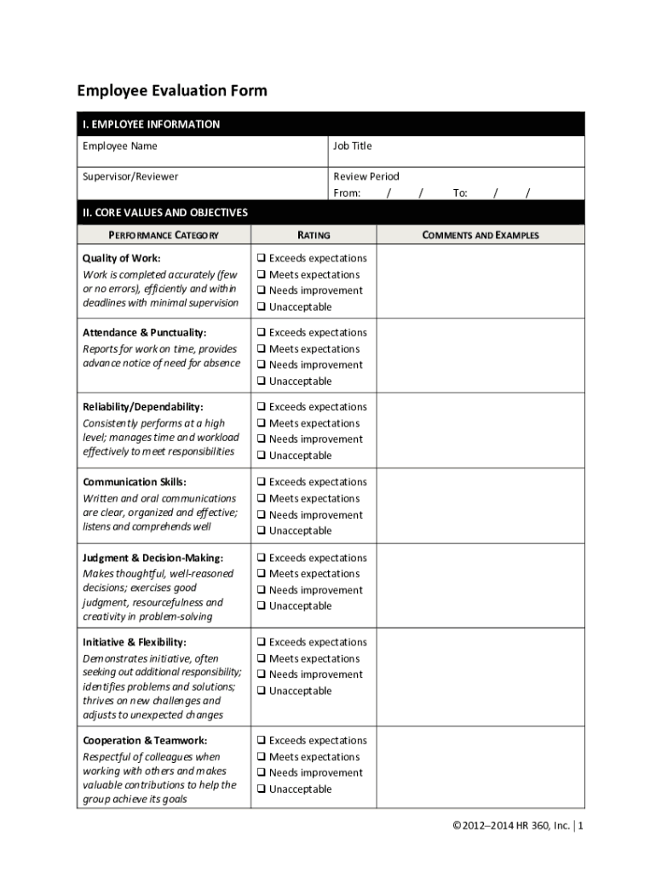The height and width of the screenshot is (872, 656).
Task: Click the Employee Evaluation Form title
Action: pyautogui.click(x=172, y=91)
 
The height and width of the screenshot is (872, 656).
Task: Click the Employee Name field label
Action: pyautogui.click(x=120, y=146)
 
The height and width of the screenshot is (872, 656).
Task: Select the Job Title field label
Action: pyautogui.click(x=353, y=146)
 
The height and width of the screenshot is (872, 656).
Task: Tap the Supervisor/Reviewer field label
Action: pyautogui.click(x=130, y=177)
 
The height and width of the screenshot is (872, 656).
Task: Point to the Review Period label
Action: pyautogui.click(x=366, y=177)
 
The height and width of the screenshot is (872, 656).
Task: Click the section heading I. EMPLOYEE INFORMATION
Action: pyautogui.click(x=151, y=124)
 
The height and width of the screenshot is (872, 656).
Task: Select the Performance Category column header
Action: pyautogui.click(x=163, y=235)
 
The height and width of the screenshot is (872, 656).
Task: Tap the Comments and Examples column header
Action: pyautogui.click(x=480, y=235)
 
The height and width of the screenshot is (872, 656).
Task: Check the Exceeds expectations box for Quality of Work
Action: pyautogui.click(x=262, y=258)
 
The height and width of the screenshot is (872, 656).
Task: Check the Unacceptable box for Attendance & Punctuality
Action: pyautogui.click(x=262, y=381)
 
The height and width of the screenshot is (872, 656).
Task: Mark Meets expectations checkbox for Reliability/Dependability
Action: pyautogui.click(x=262, y=423)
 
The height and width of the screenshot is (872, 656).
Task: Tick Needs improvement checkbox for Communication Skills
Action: pyautogui.click(x=262, y=515)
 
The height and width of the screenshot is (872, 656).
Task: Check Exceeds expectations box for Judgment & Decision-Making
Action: pyautogui.click(x=262, y=558)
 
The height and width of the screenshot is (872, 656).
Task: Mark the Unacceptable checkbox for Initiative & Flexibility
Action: pyautogui.click(x=262, y=691)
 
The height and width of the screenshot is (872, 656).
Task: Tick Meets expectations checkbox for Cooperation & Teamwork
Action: pyautogui.click(x=262, y=757)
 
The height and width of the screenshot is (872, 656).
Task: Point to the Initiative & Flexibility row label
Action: pyautogui.click(x=135, y=642)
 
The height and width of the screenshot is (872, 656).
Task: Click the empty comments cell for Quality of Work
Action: pyautogui.click(x=480, y=282)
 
